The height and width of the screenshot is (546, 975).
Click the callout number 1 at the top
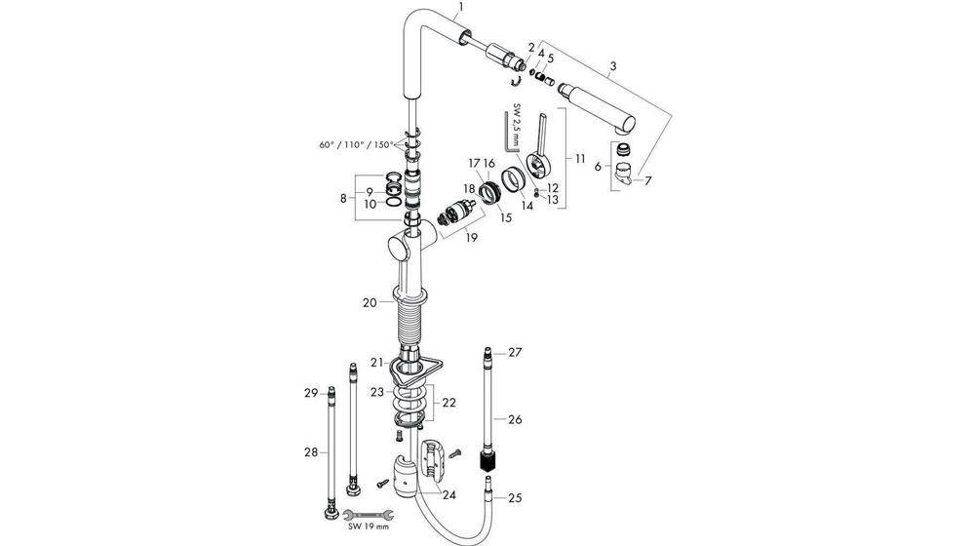[461, 8]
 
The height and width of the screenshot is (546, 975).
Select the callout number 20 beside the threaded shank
[370, 303]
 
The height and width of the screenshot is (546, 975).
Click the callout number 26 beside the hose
[515, 419]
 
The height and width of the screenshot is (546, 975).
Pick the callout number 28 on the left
[311, 452]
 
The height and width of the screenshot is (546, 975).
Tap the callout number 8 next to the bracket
[343, 198]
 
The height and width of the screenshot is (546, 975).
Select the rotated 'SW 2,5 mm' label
[518, 125]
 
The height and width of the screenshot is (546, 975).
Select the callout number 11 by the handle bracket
[580, 158]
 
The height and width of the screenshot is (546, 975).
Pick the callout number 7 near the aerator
[648, 180]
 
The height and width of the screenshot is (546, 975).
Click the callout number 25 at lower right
[515, 498]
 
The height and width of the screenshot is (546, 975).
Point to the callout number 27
[516, 352]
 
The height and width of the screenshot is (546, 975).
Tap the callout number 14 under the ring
[526, 207]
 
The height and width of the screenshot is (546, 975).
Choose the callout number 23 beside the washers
[376, 392]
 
